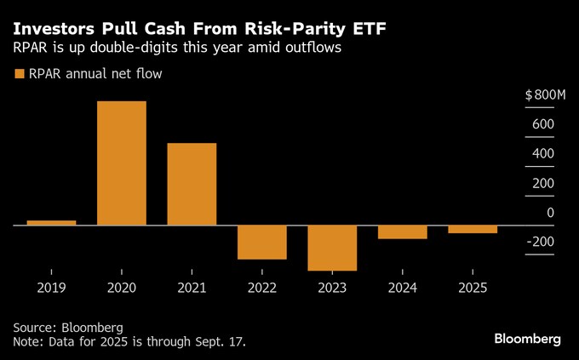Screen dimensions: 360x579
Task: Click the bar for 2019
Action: tap(51, 223)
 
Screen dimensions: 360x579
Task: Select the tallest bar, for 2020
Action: tap(122, 163)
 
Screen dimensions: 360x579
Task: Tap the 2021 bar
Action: tap(192, 184)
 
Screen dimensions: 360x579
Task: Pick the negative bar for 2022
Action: tap(262, 242)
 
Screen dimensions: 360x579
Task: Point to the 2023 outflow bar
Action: tap(332, 248)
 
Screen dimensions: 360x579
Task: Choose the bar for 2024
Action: tap(403, 231)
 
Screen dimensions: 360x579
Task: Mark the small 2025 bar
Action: tap(473, 229)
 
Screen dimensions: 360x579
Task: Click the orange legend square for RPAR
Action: tap(20, 74)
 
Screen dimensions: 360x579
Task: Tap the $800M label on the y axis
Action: tap(545, 94)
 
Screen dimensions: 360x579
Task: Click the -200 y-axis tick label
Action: tap(541, 243)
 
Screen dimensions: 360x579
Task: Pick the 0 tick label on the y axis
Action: tap(550, 213)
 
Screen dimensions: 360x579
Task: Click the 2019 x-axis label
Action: tap(51, 288)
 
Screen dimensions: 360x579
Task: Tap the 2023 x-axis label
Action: tap(332, 288)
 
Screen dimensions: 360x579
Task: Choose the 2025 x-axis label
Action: tap(473, 288)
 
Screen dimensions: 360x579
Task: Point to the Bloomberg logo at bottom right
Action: tap(527, 339)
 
